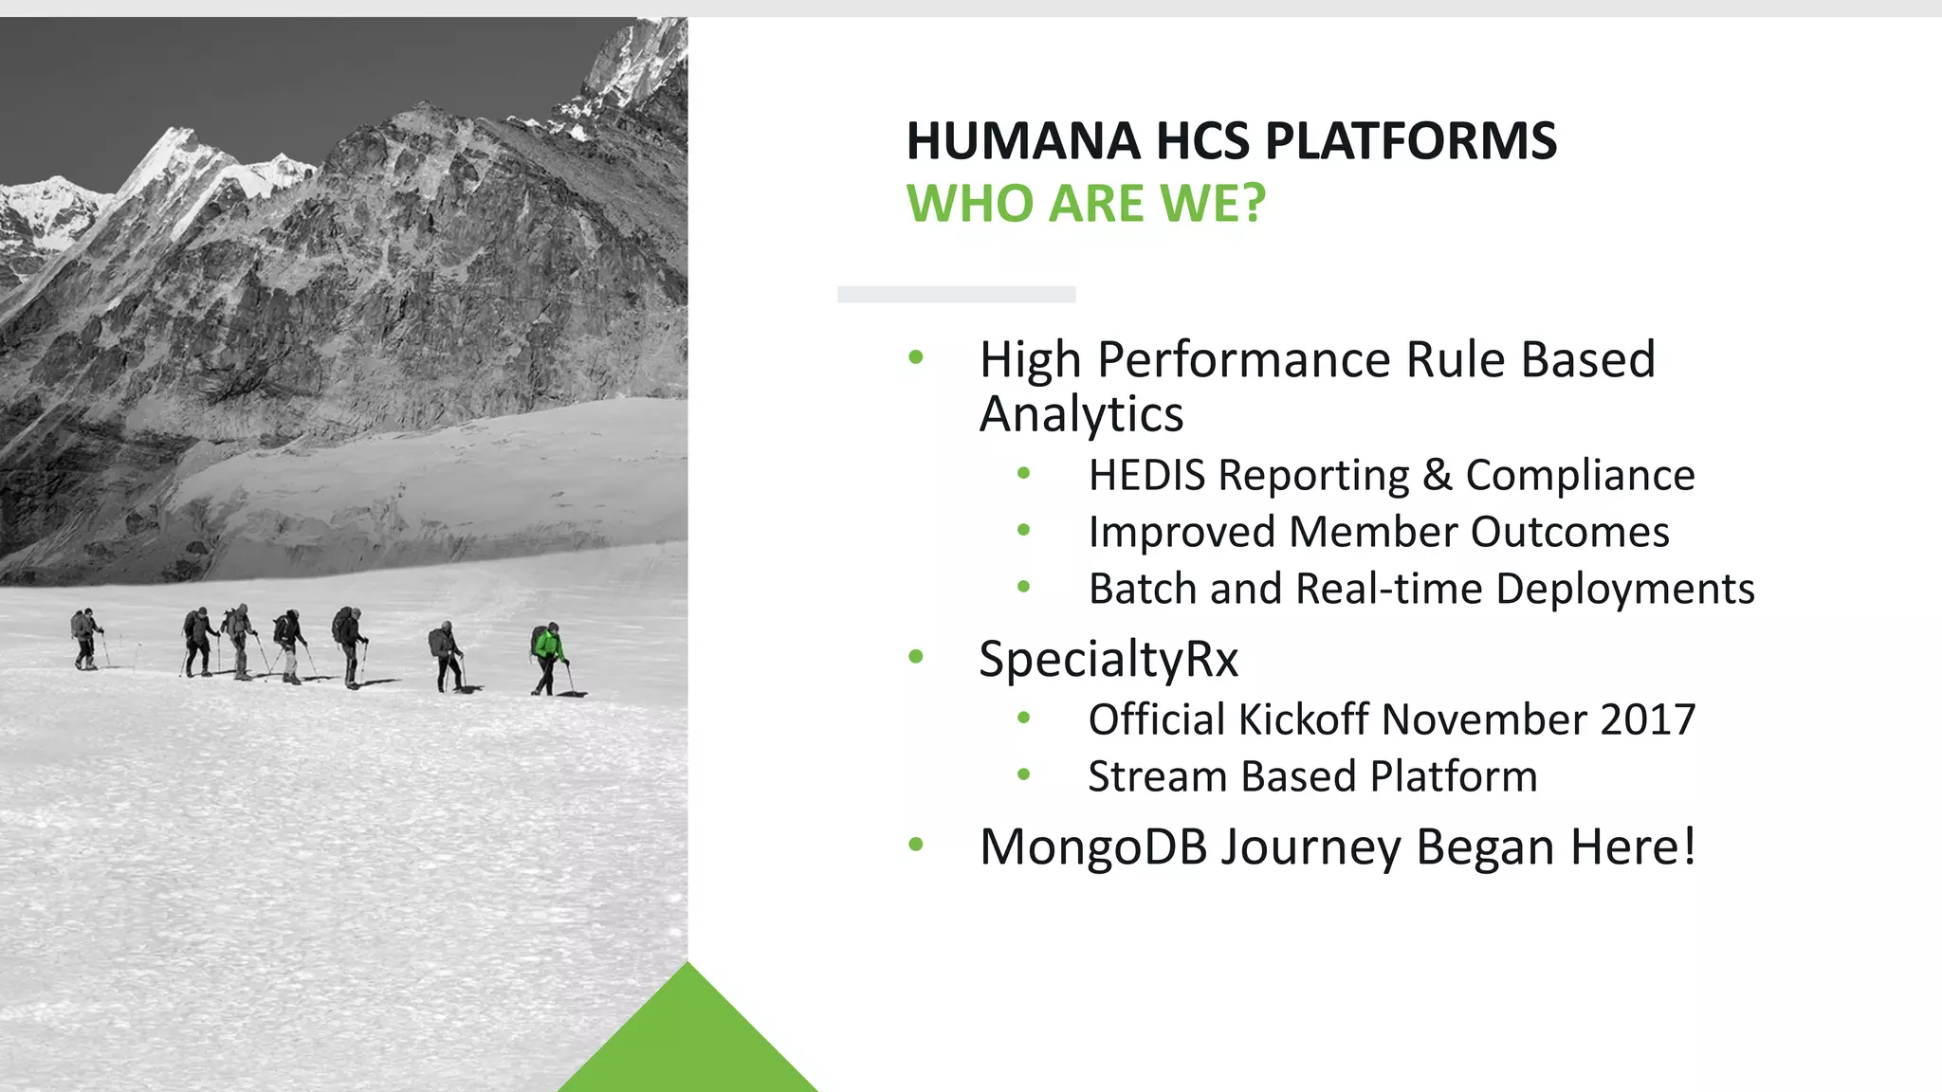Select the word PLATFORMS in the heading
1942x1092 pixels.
(x=1411, y=141)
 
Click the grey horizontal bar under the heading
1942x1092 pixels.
(x=956, y=295)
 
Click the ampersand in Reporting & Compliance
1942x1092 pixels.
(x=1438, y=475)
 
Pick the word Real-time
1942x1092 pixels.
(x=1388, y=589)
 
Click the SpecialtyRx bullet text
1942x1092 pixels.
(x=1108, y=659)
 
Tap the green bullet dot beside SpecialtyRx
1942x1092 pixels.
(x=916, y=656)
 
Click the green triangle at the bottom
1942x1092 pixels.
(x=688, y=1043)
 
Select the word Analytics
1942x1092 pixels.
(x=1081, y=414)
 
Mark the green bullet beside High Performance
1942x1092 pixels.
(x=916, y=357)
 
